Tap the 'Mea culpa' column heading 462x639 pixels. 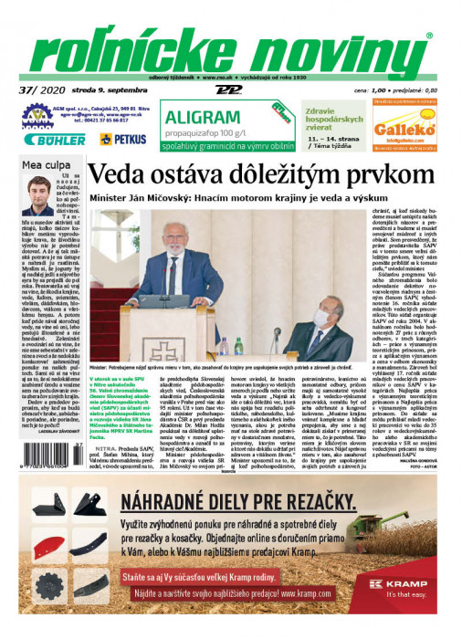[43, 165]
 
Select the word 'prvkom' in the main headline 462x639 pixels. [381, 175]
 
